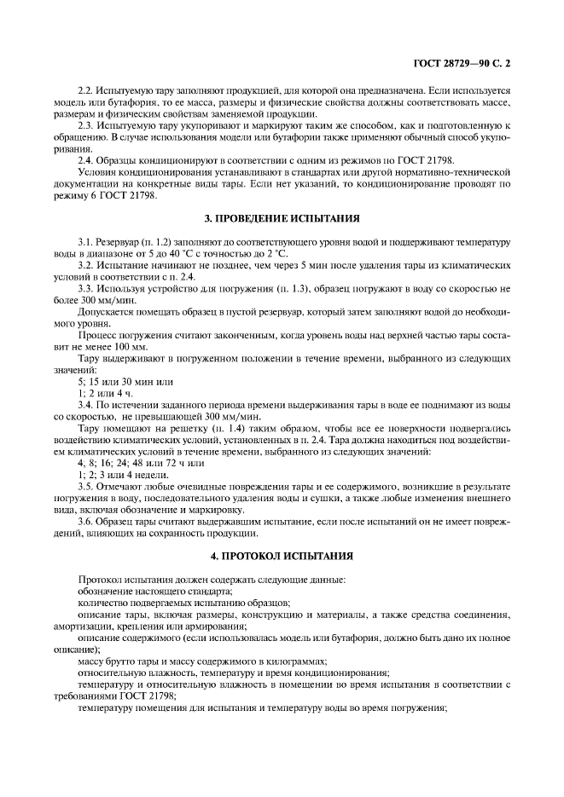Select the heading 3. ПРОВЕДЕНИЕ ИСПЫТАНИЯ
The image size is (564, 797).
(282, 217)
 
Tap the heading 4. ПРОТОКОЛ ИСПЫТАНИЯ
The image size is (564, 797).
(282, 555)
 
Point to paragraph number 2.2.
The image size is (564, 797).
(85, 90)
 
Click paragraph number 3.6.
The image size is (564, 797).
(85, 519)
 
